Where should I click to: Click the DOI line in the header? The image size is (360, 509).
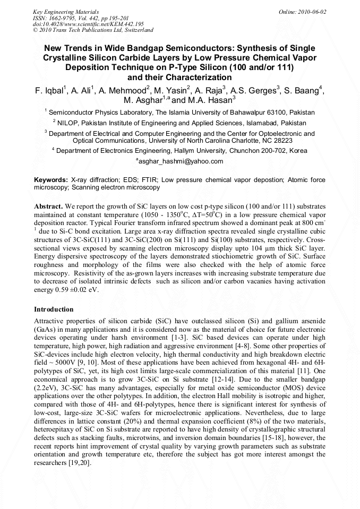pos(88,24)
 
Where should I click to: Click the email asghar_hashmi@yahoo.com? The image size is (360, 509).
pos(181,161)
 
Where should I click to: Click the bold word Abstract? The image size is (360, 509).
pos(49,205)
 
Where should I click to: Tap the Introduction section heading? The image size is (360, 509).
pos(54,309)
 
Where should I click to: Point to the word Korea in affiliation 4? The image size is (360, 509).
pos(298,151)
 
